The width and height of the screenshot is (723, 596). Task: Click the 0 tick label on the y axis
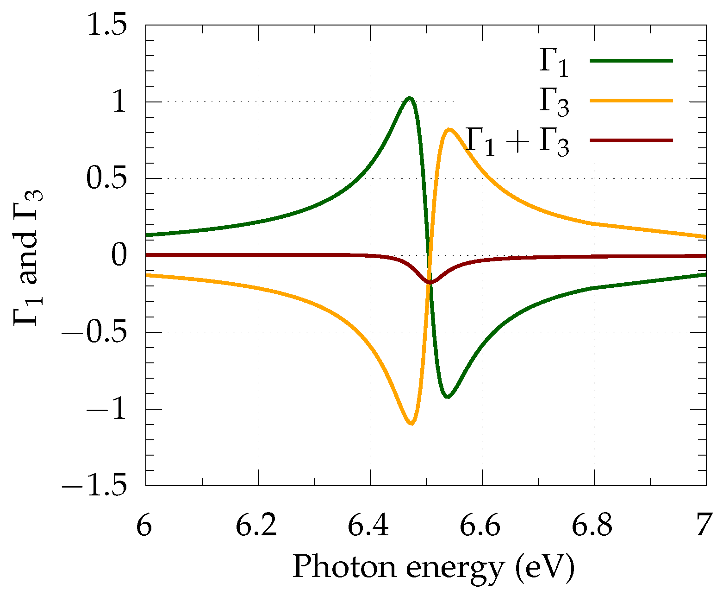119,256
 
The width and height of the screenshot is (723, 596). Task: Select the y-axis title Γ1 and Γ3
28,256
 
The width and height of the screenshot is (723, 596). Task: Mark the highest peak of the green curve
409,98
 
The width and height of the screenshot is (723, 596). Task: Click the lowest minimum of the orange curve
411,423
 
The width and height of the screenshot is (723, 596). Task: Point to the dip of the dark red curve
430,282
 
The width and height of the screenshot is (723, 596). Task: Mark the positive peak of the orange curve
449,129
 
